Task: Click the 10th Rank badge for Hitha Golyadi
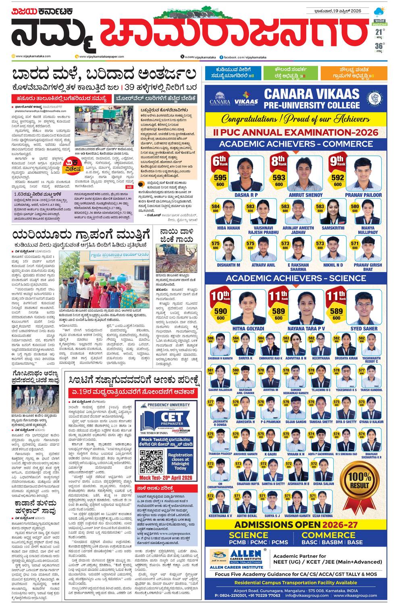click(x=220, y=296)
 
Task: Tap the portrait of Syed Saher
click(x=364, y=307)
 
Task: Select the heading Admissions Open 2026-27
click(x=296, y=525)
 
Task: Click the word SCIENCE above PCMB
click(x=248, y=535)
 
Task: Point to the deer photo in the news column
click(x=177, y=259)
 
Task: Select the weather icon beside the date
click(x=379, y=11)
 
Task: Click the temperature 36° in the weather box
click(x=379, y=46)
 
